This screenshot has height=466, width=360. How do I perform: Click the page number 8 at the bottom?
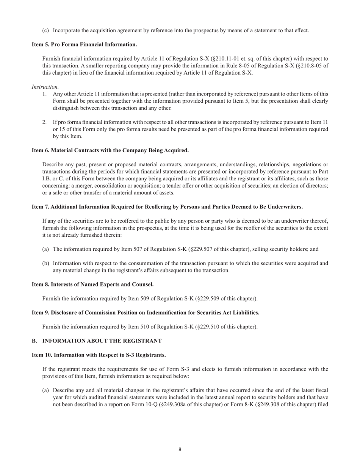[180, 450]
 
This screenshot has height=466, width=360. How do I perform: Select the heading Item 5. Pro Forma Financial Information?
[84, 44]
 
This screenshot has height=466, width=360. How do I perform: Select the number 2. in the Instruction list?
[45, 122]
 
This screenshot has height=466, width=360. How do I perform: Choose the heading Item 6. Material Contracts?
[110, 150]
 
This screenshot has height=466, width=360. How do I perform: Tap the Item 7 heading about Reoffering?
[167, 207]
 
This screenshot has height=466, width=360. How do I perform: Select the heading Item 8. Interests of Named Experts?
[92, 284]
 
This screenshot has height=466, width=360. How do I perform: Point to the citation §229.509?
[211, 299]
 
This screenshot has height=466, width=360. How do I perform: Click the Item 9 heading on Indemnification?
[146, 313]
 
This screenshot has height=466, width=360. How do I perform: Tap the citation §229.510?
[211, 327]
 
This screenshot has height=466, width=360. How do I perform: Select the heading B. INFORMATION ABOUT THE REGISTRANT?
[97, 341]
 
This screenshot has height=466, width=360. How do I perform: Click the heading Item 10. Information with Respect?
[99, 355]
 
